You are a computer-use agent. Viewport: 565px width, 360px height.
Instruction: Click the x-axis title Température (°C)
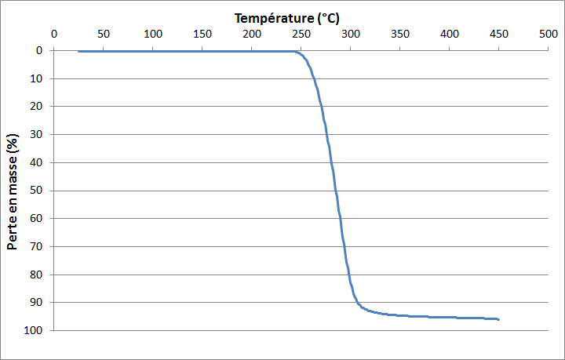coord(286,17)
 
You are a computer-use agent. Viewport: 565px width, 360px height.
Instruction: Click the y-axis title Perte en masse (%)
coord(13,191)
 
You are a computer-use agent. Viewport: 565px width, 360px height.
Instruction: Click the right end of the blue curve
coord(498,319)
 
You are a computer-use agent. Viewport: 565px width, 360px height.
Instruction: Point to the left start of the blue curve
coord(78,52)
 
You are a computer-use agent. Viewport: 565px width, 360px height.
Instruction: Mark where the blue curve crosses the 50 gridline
coord(336,191)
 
